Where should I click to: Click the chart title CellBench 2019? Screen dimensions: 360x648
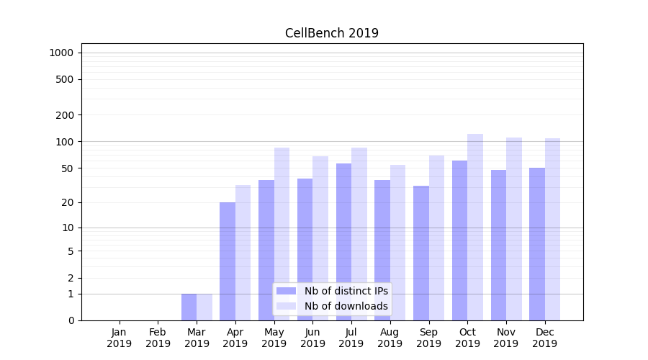[x=331, y=33]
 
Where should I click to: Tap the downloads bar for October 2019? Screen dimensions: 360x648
[x=475, y=227]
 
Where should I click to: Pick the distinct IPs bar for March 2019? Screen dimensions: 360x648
[x=189, y=307]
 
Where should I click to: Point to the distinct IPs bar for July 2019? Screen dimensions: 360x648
[x=343, y=241]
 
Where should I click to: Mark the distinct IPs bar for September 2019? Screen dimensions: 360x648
[x=421, y=253]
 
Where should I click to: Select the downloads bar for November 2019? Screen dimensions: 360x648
[x=514, y=228]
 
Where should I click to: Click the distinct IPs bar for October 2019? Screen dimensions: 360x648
[x=459, y=240]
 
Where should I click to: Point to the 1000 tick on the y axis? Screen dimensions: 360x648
[x=61, y=53]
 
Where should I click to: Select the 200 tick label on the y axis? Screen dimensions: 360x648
[x=65, y=115]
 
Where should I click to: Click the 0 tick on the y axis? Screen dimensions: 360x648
[x=71, y=320]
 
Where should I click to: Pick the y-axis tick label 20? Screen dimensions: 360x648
[x=68, y=202]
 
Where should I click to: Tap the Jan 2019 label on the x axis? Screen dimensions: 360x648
[x=120, y=338]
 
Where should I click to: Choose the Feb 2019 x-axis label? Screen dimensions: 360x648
[x=158, y=338]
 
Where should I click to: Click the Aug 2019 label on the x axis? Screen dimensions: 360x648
[x=390, y=338]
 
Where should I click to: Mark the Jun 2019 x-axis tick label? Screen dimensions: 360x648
[x=312, y=338]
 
